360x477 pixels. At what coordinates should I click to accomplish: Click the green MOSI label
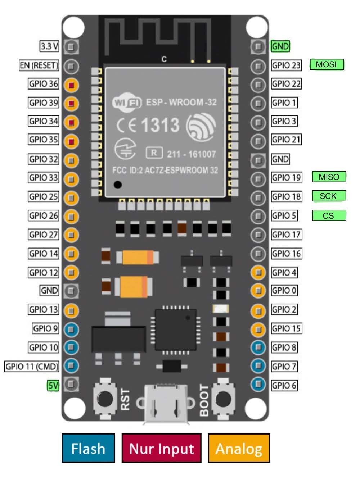pos(327,64)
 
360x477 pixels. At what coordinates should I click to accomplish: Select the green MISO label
pos(329,177)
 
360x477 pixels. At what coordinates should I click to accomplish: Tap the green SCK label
pos(328,196)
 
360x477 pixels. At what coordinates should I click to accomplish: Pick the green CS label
pos(328,215)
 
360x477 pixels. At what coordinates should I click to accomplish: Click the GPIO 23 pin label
pos(286,65)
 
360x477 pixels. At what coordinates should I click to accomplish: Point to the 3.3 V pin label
pos(49,46)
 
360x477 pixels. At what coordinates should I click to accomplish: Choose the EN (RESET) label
pos(39,65)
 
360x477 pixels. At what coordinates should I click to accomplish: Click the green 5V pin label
pos(53,386)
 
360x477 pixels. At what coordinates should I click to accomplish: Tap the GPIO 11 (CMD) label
pos(32,367)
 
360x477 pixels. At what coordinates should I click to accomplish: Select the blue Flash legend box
pos(88,448)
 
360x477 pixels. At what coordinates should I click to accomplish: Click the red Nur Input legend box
pos(161,448)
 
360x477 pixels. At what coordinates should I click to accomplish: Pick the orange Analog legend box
pos(239,448)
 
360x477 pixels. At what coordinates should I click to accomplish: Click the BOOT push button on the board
pos(223,399)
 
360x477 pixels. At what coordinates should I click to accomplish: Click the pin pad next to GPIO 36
pos(71,85)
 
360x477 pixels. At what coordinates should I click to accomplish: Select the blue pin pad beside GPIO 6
pos(258,384)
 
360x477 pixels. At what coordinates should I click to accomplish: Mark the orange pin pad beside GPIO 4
pos(258,272)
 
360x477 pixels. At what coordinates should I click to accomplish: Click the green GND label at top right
pos(280,46)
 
